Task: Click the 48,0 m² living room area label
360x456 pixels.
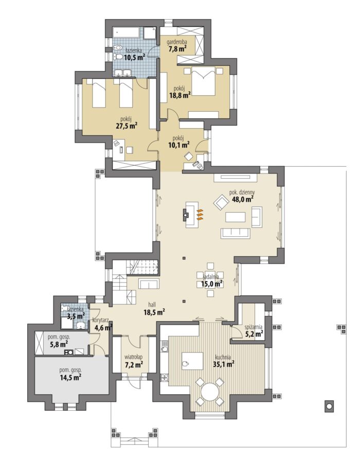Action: tap(243, 199)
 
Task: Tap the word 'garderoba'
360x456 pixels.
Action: tap(177, 42)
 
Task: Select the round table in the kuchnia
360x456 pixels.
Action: tap(210, 392)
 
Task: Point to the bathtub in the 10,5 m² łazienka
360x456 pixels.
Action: tap(127, 32)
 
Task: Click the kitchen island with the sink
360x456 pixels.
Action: tap(192, 361)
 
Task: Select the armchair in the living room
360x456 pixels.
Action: tap(221, 202)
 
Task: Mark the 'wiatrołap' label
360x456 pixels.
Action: tap(133, 357)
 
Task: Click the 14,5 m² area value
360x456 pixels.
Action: tap(70, 377)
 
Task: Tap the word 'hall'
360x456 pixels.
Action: tap(152, 305)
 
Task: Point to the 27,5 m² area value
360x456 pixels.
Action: tap(127, 126)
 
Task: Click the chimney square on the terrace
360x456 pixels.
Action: tap(329, 406)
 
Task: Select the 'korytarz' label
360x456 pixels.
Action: tap(100, 320)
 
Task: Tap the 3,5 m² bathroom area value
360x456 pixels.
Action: tap(76, 316)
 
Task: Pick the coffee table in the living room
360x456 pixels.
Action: tap(236, 217)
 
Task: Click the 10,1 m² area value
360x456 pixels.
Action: tap(179, 145)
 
